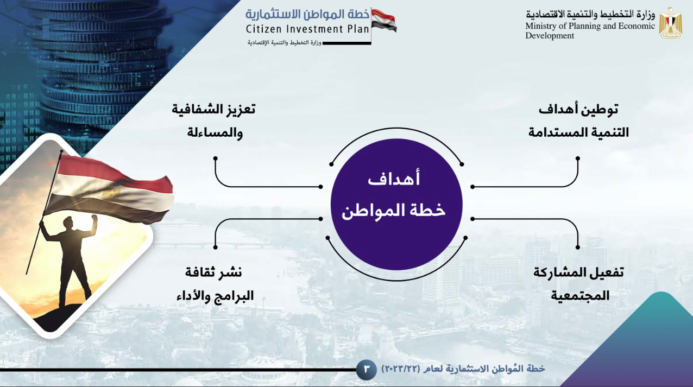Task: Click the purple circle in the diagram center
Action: (396, 204)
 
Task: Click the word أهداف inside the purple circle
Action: (394, 179)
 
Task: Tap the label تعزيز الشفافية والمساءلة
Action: (214, 121)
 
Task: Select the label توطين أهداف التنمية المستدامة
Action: (578, 121)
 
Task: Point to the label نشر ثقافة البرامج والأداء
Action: (215, 284)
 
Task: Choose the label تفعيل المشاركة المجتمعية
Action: (578, 284)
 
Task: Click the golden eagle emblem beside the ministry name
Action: (670, 23)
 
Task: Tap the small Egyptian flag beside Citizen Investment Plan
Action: (384, 21)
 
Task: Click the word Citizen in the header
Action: (263, 29)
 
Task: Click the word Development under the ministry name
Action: (550, 35)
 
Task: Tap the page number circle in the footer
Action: (366, 369)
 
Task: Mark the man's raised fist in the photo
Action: (94, 218)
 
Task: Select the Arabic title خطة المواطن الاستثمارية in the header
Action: (307, 14)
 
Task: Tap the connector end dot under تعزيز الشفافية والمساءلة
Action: (215, 158)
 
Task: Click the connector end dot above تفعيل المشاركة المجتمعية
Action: (578, 248)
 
